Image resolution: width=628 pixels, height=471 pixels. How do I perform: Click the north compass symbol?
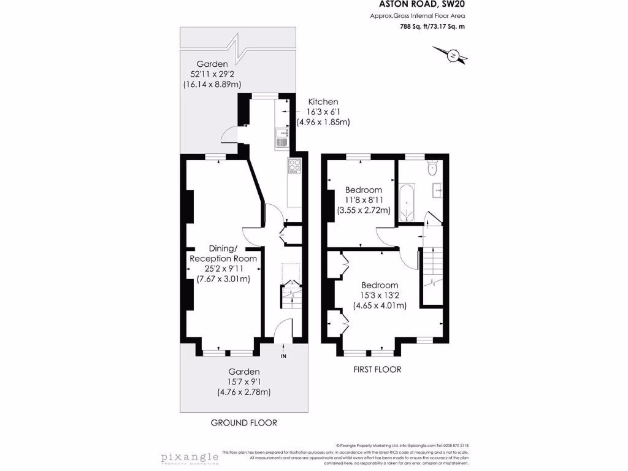point(454,56)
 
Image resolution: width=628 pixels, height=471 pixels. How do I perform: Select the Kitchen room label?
point(323,102)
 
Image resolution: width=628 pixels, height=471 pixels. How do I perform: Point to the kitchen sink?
point(282,137)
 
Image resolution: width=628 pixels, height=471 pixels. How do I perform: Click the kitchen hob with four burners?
point(294,165)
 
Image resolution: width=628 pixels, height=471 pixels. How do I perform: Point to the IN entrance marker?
point(283,356)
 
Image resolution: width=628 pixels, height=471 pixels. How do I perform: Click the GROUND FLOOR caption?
point(243,423)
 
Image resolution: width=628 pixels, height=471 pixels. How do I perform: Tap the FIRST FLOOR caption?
point(377,369)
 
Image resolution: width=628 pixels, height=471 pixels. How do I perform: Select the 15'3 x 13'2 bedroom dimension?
point(379,296)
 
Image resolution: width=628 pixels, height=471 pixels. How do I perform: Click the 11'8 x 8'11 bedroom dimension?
point(363,200)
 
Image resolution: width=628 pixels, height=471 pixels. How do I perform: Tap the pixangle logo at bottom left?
point(190,458)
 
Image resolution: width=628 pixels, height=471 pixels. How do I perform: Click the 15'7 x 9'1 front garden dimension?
point(244,382)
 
